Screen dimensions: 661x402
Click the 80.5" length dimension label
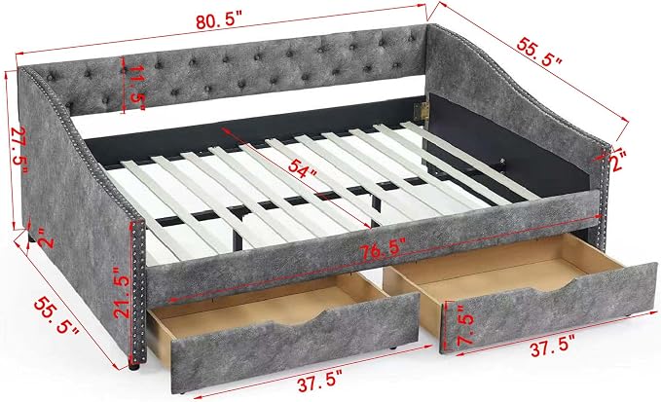point(219,20)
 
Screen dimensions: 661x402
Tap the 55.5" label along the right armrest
point(540,54)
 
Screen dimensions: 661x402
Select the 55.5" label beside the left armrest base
point(56,314)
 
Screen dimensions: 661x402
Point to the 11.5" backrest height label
point(135,89)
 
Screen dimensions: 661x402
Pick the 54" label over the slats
point(302,169)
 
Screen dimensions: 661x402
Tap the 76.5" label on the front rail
point(383,250)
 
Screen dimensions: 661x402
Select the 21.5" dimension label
point(123,292)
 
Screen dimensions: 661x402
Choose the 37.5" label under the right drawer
point(552,348)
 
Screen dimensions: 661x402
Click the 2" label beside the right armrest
point(616,161)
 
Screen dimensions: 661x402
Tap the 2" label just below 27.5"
point(47,238)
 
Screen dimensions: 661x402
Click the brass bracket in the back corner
point(422,111)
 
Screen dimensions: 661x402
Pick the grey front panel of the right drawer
point(548,309)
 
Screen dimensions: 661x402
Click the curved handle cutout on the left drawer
point(297,318)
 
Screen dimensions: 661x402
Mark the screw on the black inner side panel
point(503,161)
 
